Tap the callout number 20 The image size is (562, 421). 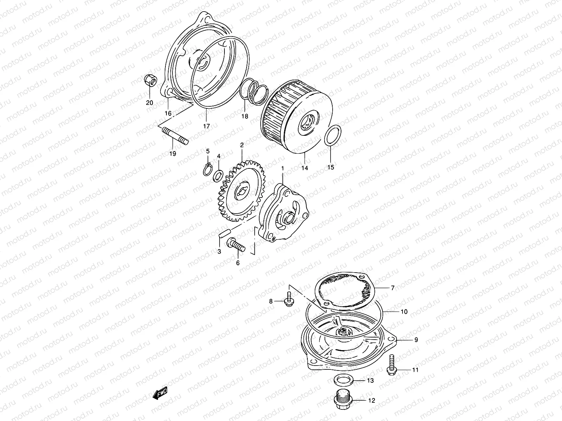(x=150, y=103)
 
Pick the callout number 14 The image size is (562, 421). (x=305, y=168)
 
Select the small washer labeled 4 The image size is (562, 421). (x=218, y=174)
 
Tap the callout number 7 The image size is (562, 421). (x=393, y=288)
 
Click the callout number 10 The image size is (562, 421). (x=404, y=312)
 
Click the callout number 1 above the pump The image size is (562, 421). (x=282, y=169)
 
